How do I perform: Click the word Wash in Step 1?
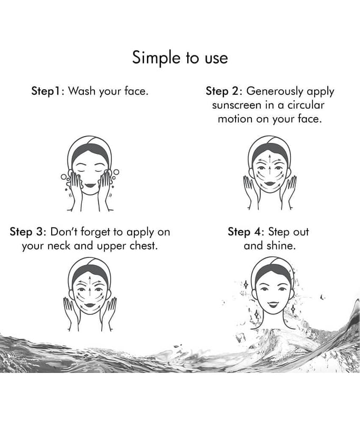pos(82,91)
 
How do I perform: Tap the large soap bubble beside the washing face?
pos(116,172)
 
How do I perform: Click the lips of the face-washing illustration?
pos(90,186)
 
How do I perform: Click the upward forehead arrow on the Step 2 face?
pos(269,158)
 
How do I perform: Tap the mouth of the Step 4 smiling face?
pos(273,304)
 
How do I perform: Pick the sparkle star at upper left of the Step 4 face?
pos(246,284)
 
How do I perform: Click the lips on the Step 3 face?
pos(90,305)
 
